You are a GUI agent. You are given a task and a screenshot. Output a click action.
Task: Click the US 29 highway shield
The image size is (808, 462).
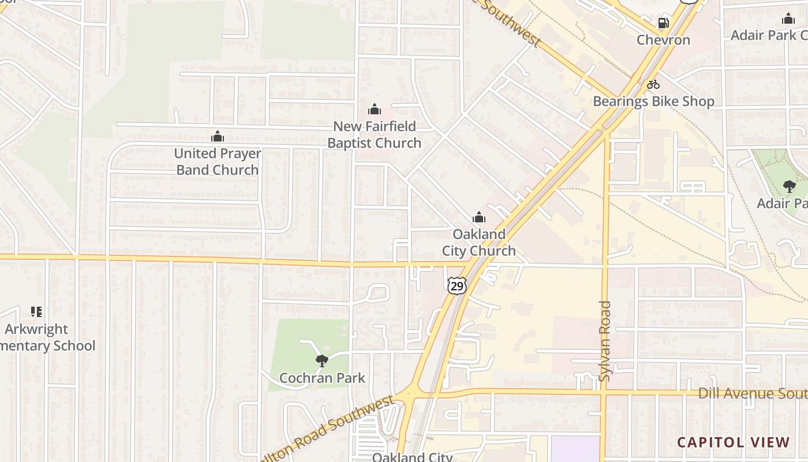[456, 285]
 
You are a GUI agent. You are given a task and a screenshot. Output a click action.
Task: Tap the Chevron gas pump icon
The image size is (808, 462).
[663, 23]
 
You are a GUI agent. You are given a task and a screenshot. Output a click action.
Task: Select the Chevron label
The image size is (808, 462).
[663, 40]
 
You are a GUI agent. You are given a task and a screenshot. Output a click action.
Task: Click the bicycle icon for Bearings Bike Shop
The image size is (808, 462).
[653, 84]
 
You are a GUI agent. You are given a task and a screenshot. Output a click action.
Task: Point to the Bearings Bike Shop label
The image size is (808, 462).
[653, 101]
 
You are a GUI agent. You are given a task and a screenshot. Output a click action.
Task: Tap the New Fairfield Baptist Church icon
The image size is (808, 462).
[375, 109]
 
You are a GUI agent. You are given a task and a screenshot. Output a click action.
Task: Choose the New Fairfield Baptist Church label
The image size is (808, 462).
[375, 135]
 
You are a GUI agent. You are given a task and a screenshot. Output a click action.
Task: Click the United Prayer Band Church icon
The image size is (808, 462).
[218, 137]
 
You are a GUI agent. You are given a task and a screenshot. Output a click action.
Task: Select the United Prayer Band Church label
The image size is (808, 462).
[218, 162]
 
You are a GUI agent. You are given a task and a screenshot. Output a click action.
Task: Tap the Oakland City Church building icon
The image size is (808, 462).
[478, 218]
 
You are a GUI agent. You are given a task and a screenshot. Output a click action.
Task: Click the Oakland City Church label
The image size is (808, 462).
[478, 243]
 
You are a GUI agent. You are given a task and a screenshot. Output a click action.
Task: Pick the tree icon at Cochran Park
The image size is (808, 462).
[322, 362]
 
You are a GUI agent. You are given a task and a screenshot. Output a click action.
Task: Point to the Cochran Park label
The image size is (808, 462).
[322, 378]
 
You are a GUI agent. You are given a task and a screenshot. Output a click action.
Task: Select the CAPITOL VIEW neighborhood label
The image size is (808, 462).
[733, 442]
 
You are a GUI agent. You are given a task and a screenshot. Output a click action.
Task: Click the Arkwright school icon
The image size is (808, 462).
[36, 312]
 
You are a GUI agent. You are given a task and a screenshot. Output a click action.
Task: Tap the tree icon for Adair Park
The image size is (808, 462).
[788, 187]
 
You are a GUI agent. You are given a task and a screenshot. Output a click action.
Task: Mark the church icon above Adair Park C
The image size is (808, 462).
[788, 19]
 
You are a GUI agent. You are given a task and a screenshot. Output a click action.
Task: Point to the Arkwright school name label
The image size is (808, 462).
[46, 338]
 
